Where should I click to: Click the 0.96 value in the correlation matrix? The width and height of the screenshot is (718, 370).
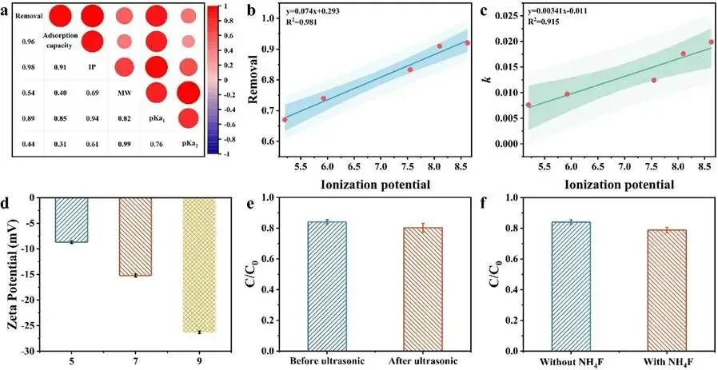tap(26, 42)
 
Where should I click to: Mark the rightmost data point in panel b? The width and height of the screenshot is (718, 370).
tap(468, 43)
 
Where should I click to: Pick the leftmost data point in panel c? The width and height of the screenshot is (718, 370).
tap(529, 105)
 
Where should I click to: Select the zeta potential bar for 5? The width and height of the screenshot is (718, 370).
tap(71, 220)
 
